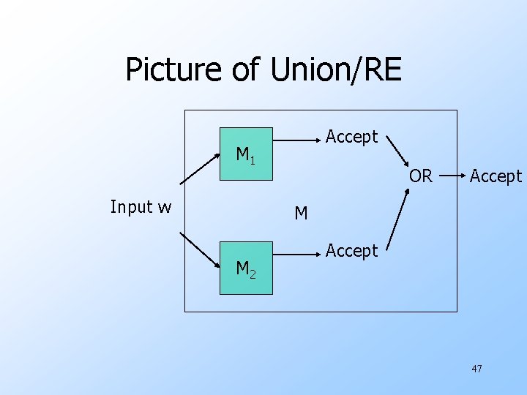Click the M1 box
tap(246, 154)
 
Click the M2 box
tap(246, 268)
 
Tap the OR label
tap(420, 176)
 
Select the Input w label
tap(141, 207)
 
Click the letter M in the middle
tap(301, 214)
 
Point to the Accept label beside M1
tap(351, 137)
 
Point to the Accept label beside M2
tap(351, 251)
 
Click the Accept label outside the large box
tap(496, 176)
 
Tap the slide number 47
tap(476, 369)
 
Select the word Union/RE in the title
tap(337, 70)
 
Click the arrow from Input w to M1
tap(199, 168)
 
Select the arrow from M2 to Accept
tap(296, 255)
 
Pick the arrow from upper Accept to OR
tap(398, 151)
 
